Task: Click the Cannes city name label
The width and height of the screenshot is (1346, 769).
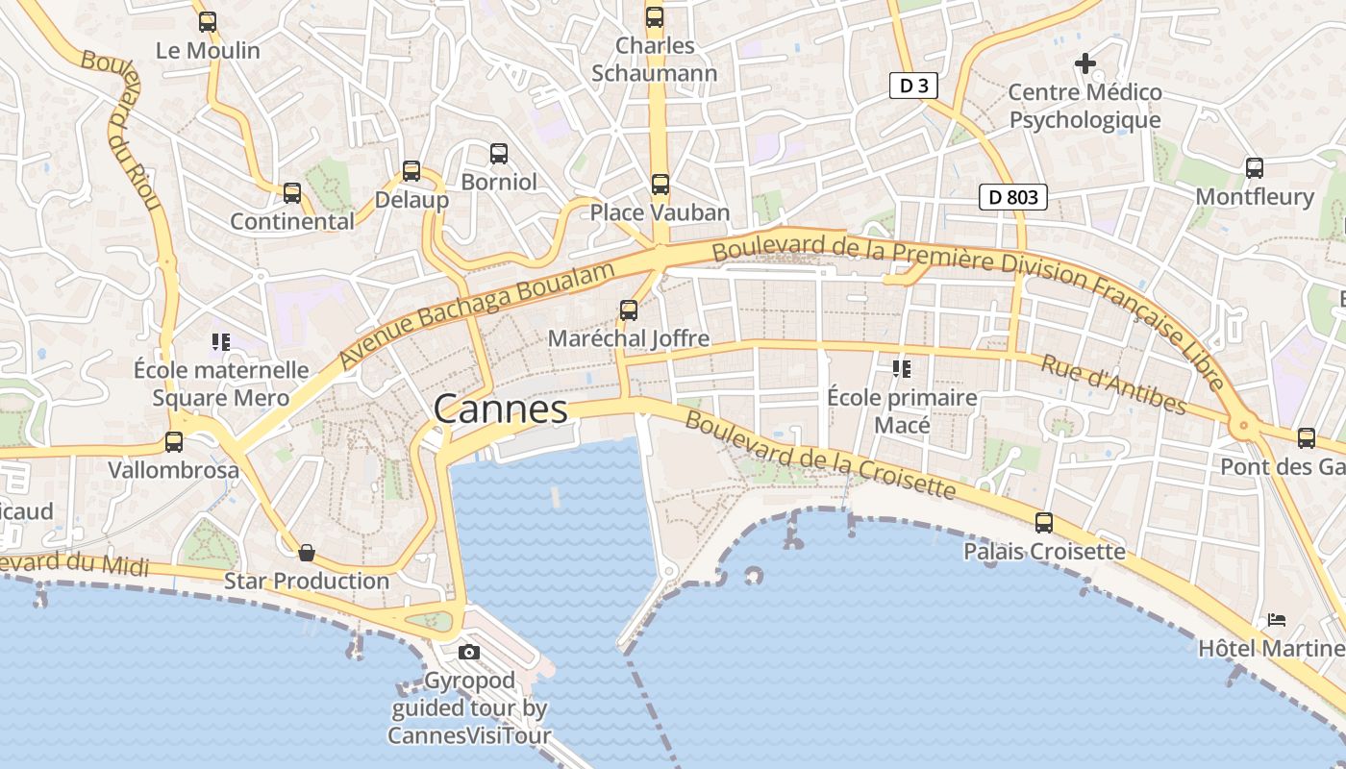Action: pos(500,409)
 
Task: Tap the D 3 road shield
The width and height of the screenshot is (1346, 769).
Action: pos(912,87)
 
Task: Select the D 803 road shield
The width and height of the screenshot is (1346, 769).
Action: pos(1012,197)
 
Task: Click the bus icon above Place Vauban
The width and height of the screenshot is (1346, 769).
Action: pos(660,185)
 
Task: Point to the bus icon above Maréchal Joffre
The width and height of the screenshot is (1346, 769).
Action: pos(629,310)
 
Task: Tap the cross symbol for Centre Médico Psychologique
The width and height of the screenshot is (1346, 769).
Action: pos(1085,64)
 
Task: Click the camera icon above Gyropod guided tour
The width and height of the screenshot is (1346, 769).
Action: pos(469,653)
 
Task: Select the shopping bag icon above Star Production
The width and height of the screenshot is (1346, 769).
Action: pos(307,553)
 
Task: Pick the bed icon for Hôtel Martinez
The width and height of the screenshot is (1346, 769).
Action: pos(1277,620)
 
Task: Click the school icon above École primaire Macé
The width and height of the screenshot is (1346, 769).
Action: pos(902,368)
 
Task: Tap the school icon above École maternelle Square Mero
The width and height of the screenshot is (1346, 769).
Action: pos(221,341)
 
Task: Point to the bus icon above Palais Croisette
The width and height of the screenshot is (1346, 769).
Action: pos(1044,523)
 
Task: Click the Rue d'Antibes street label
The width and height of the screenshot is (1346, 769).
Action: pos(1113,384)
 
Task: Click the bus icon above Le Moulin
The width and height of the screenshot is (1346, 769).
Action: pos(208,22)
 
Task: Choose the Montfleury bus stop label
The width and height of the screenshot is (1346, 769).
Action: pos(1254,197)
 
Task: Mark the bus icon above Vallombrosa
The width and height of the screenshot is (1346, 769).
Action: pos(174,442)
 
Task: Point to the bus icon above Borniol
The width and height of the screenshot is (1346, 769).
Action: pos(499,154)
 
